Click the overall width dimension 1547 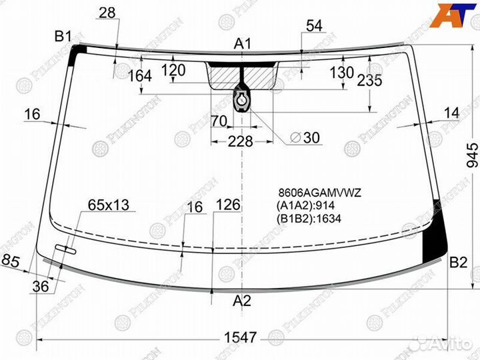(x=240, y=337)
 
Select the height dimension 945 (x=472, y=155)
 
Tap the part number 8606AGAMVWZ (x=319, y=193)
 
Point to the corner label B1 (x=63, y=37)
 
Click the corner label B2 (x=458, y=263)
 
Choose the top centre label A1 (x=242, y=44)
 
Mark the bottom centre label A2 (x=242, y=301)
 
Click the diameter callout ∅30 (x=305, y=138)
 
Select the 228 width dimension (x=240, y=142)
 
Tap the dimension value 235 (x=370, y=81)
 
